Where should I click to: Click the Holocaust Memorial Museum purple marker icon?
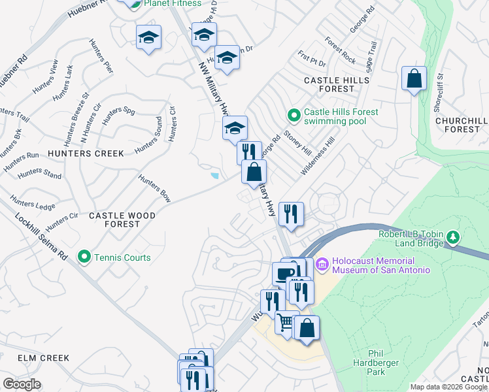click(x=321, y=265)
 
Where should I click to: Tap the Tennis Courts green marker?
click(x=84, y=257)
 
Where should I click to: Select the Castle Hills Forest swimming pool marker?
click(x=294, y=116)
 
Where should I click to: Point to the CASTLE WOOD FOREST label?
click(x=122, y=220)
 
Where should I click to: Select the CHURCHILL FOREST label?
click(x=461, y=125)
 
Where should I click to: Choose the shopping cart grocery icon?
click(x=286, y=323)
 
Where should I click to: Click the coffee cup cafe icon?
click(x=284, y=273)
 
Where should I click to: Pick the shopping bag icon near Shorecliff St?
click(x=414, y=78)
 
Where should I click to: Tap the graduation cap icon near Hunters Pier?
click(x=148, y=37)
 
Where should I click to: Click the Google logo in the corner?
click(x=21, y=384)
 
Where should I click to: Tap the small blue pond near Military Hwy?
click(x=215, y=175)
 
